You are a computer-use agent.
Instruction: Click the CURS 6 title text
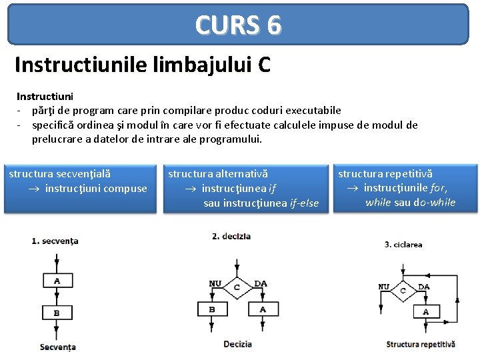tap(238, 25)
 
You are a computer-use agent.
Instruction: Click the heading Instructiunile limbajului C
tap(142, 65)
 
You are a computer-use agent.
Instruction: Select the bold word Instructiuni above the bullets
tap(45, 97)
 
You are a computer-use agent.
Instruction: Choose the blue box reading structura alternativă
tap(245, 188)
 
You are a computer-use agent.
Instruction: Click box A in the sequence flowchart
tap(57, 281)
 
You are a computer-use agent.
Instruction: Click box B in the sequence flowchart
tap(57, 312)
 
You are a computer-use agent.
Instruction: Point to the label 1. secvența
tap(55, 241)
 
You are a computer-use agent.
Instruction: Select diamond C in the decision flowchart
tap(237, 287)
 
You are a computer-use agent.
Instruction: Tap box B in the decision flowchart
tap(212, 309)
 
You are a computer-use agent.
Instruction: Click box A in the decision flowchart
tap(263, 309)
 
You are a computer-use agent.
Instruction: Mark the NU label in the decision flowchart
tap(215, 283)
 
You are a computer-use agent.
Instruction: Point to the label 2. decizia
tap(232, 237)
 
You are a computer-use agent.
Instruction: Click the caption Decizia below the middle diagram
tap(238, 344)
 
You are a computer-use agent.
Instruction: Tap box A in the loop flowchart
tap(426, 311)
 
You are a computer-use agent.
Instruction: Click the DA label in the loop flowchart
tap(424, 287)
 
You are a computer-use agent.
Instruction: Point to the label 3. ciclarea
tap(403, 245)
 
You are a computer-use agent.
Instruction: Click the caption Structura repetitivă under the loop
tap(421, 344)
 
